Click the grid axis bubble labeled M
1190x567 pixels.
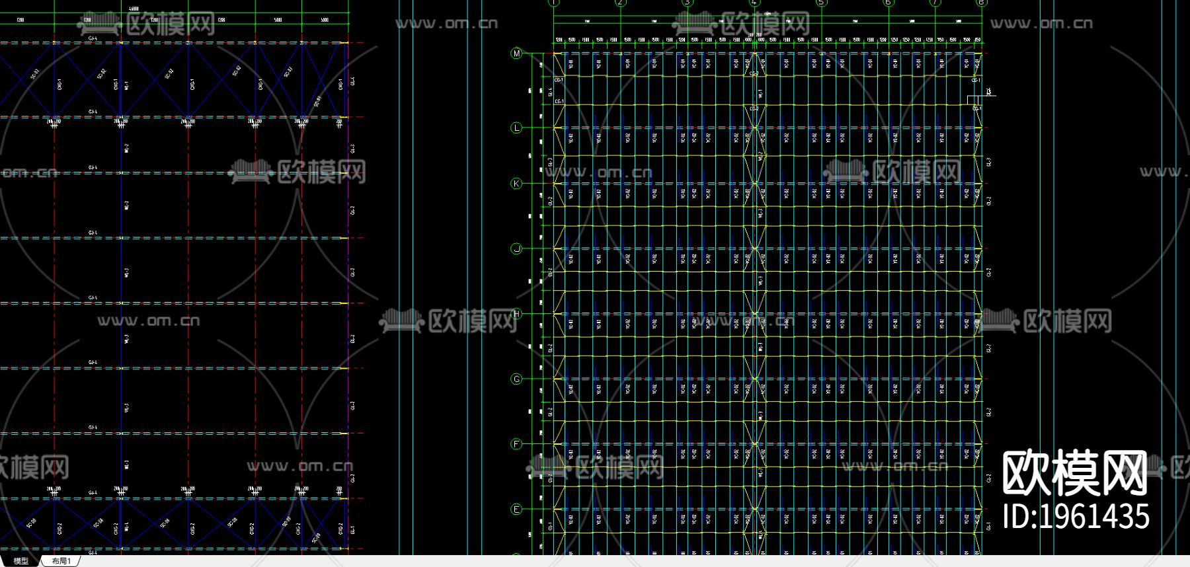coord(516,54)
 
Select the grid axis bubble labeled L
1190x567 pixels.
coord(516,128)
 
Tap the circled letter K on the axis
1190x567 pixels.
coord(516,184)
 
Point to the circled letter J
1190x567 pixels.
coord(516,248)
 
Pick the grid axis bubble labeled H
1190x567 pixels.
coord(516,314)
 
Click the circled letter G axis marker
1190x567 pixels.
coord(516,379)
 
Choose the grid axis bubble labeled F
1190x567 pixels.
coord(516,444)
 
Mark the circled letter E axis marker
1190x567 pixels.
coord(516,509)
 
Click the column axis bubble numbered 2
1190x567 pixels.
coord(620,3)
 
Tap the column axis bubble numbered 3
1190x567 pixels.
coord(688,3)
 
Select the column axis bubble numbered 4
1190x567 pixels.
coord(754,3)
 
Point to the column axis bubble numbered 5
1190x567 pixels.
coord(821,3)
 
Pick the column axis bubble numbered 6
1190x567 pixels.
coord(888,3)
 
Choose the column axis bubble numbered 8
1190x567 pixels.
coord(981,3)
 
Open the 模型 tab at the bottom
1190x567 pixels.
coord(21,561)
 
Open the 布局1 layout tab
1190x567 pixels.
coord(61,561)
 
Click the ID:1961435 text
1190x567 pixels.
coord(1076,517)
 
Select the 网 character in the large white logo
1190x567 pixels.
coord(1124,473)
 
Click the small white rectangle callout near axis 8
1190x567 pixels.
coord(974,100)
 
